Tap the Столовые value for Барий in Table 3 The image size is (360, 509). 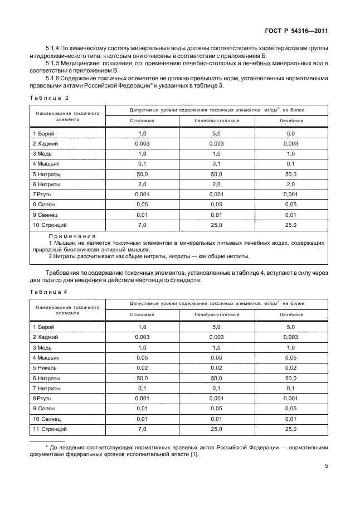(x=142, y=133)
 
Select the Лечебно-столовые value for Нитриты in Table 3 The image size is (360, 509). (x=217, y=183)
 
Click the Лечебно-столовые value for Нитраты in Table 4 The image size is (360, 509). (x=217, y=377)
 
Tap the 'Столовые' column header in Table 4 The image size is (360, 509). (x=142, y=314)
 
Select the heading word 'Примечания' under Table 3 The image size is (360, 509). (x=72, y=236)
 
